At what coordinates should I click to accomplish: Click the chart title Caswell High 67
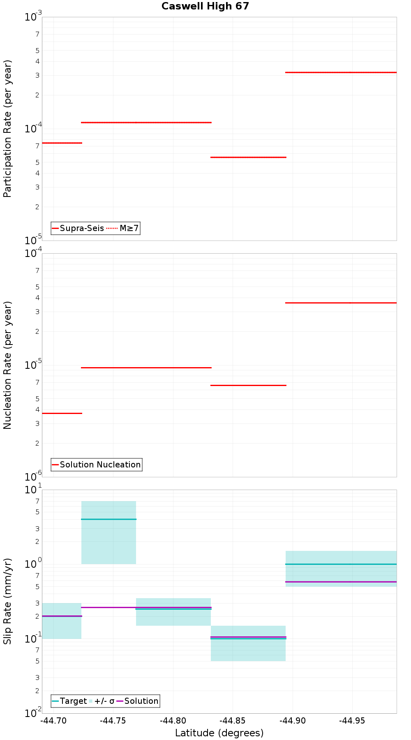(205, 6)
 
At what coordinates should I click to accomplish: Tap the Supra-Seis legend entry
(78, 228)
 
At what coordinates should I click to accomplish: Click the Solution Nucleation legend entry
(97, 465)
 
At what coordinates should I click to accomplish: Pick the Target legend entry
(69, 701)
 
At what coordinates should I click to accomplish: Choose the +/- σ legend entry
(102, 701)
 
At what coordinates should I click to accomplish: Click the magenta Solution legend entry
(137, 701)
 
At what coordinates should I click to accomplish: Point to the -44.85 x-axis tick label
(233, 720)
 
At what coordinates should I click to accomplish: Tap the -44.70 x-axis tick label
(53, 720)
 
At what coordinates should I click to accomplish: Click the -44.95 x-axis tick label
(352, 720)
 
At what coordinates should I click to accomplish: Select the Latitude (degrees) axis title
(219, 733)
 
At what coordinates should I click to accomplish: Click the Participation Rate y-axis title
(7, 129)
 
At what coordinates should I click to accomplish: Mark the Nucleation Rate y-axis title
(7, 365)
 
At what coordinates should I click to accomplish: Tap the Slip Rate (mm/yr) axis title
(7, 601)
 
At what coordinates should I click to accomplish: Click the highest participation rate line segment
(341, 72)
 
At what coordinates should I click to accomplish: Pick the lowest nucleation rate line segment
(62, 413)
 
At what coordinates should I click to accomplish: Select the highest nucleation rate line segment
(341, 303)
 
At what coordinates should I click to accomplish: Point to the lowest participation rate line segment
(248, 157)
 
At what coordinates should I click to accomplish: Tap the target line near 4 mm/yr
(109, 519)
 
